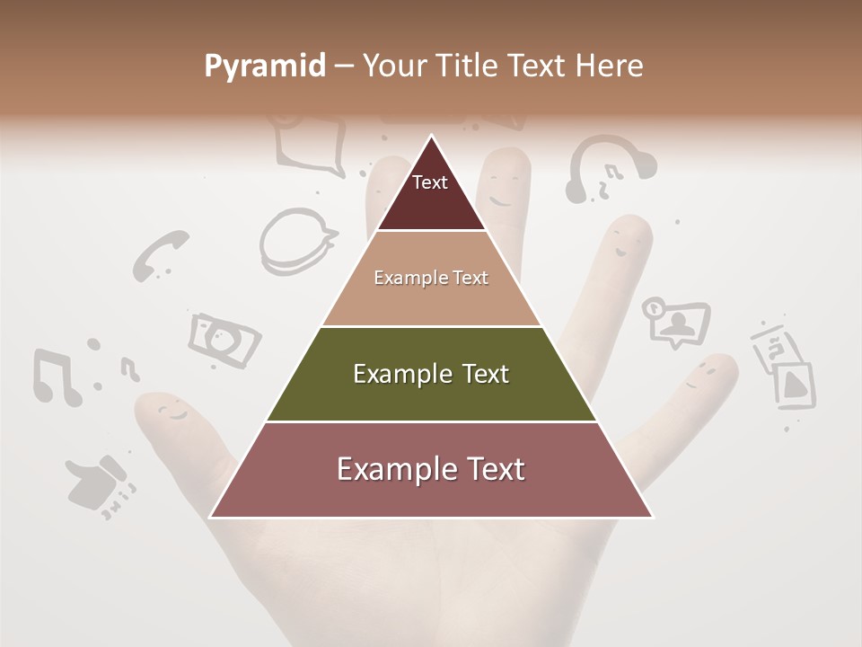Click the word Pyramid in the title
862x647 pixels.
click(264, 66)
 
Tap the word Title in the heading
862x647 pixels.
click(467, 66)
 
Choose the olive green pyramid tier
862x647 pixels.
click(431, 374)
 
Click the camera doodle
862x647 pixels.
click(224, 340)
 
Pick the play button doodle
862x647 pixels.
click(793, 384)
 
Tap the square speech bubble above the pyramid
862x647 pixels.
click(311, 144)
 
